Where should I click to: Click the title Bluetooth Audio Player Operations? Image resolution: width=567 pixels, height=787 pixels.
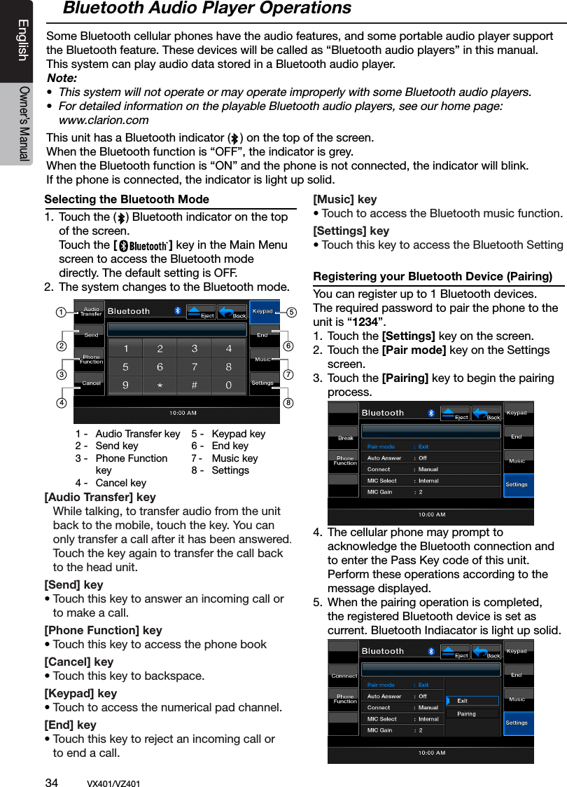(x=206, y=9)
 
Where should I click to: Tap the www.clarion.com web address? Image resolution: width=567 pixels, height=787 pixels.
(x=104, y=120)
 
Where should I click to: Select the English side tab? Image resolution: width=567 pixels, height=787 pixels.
(x=23, y=40)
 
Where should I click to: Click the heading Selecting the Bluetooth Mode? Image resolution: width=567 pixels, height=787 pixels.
(x=127, y=200)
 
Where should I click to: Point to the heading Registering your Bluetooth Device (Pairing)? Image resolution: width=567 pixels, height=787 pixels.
(x=433, y=276)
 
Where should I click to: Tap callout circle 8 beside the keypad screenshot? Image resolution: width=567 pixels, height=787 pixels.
(x=288, y=403)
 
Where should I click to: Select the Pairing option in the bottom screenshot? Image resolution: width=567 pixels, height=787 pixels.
(x=467, y=713)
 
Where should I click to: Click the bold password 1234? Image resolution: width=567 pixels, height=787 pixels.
(x=372, y=322)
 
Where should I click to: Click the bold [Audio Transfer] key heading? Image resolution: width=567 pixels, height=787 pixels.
(x=100, y=498)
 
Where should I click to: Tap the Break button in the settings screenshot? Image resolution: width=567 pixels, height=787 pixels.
(x=345, y=438)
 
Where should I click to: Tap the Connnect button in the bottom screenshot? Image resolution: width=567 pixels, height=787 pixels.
(x=344, y=676)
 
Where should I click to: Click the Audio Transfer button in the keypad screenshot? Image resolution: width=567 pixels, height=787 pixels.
(x=90, y=312)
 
